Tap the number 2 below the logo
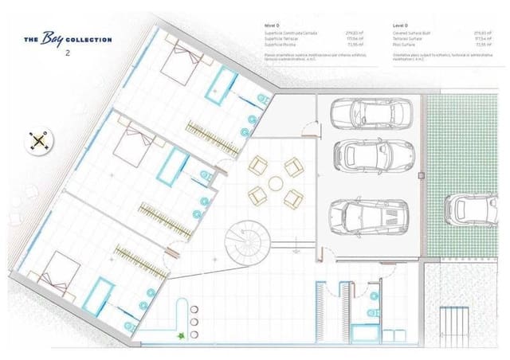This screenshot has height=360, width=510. point(69,53)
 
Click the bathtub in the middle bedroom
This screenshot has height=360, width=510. point(173,165)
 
